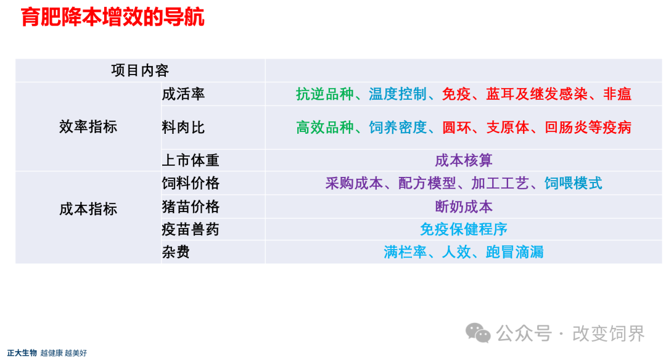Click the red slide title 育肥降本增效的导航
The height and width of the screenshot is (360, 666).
click(113, 17)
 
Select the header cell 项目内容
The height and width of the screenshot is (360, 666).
click(140, 70)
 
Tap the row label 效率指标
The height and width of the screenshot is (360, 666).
click(88, 126)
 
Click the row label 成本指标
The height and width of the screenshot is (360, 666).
click(88, 209)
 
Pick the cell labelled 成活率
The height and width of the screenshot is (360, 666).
click(184, 94)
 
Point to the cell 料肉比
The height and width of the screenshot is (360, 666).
click(184, 128)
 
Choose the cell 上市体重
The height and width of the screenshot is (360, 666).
click(191, 160)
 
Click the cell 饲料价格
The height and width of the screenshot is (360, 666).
click(191, 184)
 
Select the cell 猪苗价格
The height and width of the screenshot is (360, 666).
click(191, 207)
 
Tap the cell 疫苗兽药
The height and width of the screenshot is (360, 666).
click(191, 229)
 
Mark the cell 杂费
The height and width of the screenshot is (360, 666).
click(176, 252)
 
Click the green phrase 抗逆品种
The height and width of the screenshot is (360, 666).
click(325, 94)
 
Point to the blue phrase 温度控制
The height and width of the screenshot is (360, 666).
click(398, 94)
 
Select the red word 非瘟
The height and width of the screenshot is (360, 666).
click(617, 94)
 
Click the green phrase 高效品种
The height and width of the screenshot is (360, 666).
click(325, 128)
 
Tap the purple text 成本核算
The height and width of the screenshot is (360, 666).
click(464, 160)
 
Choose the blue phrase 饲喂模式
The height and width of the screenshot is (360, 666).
click(573, 184)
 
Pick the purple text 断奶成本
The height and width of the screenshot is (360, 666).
click(464, 207)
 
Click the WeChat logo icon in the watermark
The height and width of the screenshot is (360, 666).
click(479, 333)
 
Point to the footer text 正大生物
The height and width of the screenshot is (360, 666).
click(22, 353)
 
